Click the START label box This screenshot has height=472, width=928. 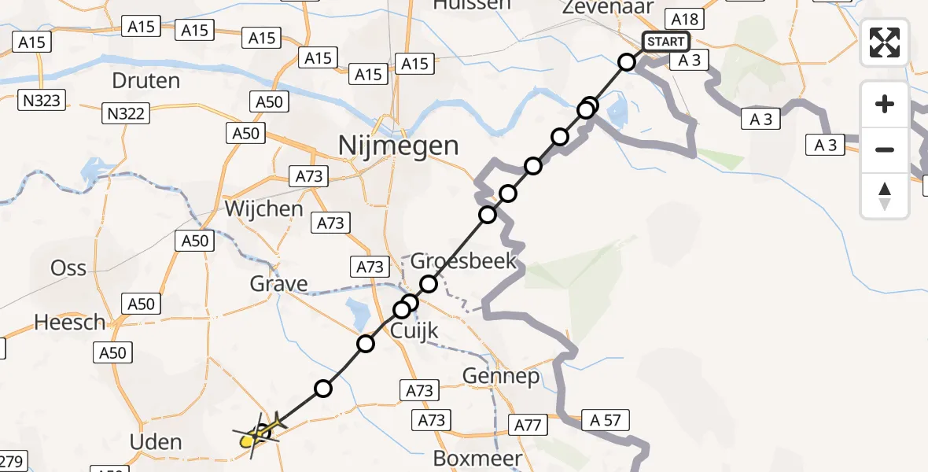coord(666,42)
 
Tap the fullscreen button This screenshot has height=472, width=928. coord(885,42)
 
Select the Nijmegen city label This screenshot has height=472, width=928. coord(398,146)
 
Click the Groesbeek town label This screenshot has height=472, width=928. coord(465,260)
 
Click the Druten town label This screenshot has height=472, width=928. coord(145,80)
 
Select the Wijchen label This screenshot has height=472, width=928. coord(263,208)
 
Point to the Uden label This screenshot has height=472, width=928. coord(157,442)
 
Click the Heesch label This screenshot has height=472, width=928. coord(70,322)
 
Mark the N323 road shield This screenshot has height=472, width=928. coord(43,99)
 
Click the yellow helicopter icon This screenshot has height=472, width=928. coord(256,435)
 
